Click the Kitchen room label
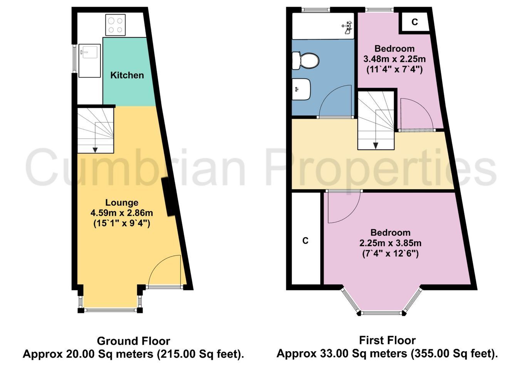tap(127, 75)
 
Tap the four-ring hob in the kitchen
tap(116, 25)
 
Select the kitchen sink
tap(90, 61)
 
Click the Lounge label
tap(122, 202)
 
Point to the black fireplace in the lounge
tap(169, 197)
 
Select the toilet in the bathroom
tap(305, 61)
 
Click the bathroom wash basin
tap(301, 89)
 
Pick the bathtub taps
tap(347, 27)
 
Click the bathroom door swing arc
tap(335, 100)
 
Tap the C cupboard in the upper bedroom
tap(414, 22)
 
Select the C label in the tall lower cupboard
tap(305, 241)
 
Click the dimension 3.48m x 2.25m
tap(395, 59)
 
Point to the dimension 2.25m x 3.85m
tap(391, 243)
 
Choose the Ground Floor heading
tap(134, 341)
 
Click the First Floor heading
tap(387, 340)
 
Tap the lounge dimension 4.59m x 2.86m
tap(122, 213)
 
